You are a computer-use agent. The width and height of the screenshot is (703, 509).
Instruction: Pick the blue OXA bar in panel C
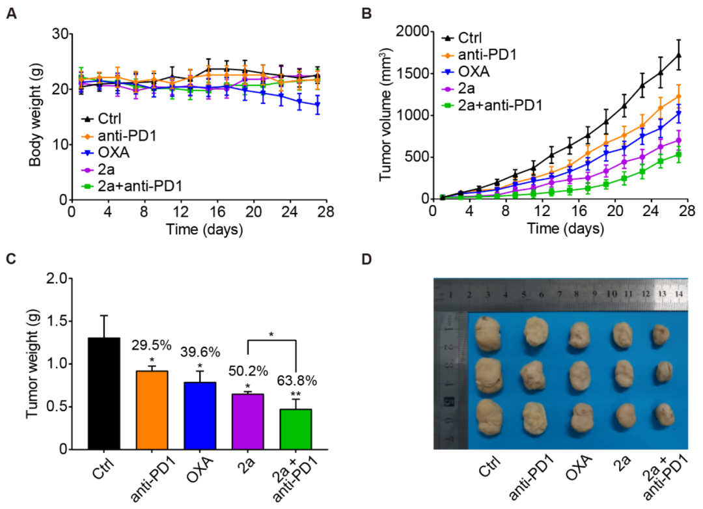coord(200,415)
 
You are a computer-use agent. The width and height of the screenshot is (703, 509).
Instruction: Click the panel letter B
coord(366,12)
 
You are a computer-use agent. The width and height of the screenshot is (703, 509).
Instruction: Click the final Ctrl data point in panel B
coord(679,55)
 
